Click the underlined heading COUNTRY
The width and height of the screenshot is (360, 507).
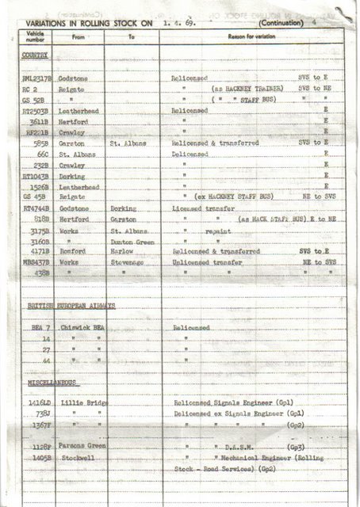pyautogui.click(x=35, y=55)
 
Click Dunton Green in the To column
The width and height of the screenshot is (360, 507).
pyautogui.click(x=130, y=241)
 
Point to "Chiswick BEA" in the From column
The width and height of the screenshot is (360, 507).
pyautogui.click(x=79, y=327)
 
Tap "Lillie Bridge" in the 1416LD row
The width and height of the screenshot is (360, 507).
pyautogui.click(x=80, y=403)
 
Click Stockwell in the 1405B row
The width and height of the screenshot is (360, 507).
pyautogui.click(x=75, y=458)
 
